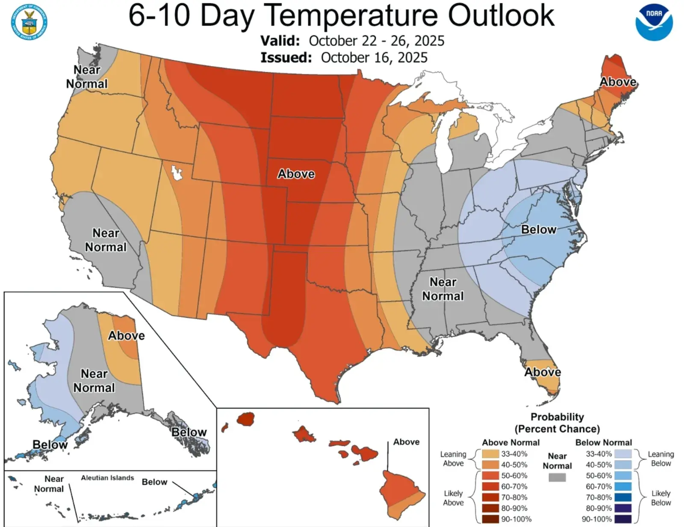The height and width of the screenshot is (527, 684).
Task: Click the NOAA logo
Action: [654, 23]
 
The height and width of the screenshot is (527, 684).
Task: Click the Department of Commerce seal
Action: [29, 23]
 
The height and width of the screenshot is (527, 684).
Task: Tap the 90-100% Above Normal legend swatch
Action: [490, 519]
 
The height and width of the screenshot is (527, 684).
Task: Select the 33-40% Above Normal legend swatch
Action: [490, 454]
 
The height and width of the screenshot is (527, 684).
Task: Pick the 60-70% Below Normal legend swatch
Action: [623, 486]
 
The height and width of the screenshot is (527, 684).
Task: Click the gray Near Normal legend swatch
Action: [557, 477]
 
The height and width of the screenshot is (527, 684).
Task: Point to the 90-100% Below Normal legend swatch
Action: [623, 519]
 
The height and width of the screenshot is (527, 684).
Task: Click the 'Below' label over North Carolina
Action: [539, 230]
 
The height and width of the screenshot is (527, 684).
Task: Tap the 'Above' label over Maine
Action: [618, 82]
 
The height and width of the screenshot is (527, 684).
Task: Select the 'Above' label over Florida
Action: [542, 372]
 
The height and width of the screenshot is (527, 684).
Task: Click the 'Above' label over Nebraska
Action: [296, 174]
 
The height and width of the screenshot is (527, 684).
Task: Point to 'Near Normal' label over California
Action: [106, 240]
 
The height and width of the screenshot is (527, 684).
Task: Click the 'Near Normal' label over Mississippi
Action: [443, 289]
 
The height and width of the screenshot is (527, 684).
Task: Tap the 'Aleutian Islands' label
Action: [107, 478]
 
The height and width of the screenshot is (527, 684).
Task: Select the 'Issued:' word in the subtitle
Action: [286, 58]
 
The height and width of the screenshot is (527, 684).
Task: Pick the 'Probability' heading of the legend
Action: [557, 417]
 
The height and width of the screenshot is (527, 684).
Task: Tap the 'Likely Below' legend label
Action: [660, 498]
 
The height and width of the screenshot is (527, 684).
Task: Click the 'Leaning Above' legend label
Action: [453, 459]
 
